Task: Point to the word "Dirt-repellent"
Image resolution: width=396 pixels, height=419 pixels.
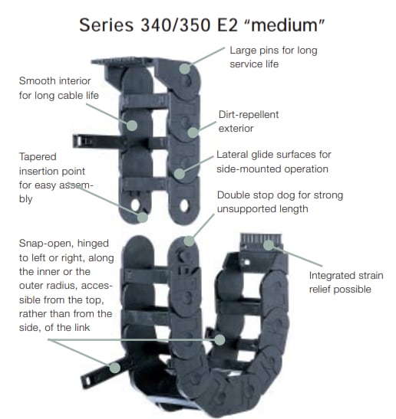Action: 249,114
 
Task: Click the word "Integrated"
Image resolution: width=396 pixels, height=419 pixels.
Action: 335,276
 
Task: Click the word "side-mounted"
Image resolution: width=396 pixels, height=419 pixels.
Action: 250,168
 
